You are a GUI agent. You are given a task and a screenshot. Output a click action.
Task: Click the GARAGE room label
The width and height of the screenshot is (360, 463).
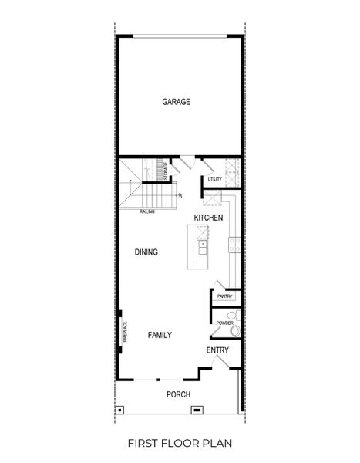(176, 102)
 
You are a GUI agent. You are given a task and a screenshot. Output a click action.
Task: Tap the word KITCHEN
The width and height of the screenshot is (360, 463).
(208, 218)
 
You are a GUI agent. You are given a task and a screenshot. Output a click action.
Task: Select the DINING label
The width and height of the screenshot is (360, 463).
(146, 252)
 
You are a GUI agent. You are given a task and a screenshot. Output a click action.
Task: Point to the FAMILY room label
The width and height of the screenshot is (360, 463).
(160, 335)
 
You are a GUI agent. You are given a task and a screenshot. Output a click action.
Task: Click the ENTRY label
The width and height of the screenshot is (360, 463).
(217, 350)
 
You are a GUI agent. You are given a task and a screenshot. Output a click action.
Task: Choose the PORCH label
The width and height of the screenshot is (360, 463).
(179, 395)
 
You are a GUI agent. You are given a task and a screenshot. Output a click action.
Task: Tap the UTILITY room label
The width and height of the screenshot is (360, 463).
(214, 180)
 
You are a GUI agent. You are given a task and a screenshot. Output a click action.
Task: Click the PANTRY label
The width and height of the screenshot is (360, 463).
(225, 296)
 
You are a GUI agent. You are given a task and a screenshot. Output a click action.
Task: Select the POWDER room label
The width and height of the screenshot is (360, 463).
(224, 323)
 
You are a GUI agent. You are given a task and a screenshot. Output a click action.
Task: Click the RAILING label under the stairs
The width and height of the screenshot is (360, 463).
(147, 211)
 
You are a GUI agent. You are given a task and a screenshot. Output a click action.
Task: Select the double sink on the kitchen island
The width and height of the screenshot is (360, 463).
(201, 248)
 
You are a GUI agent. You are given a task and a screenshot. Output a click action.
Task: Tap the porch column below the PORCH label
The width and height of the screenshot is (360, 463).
(197, 409)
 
